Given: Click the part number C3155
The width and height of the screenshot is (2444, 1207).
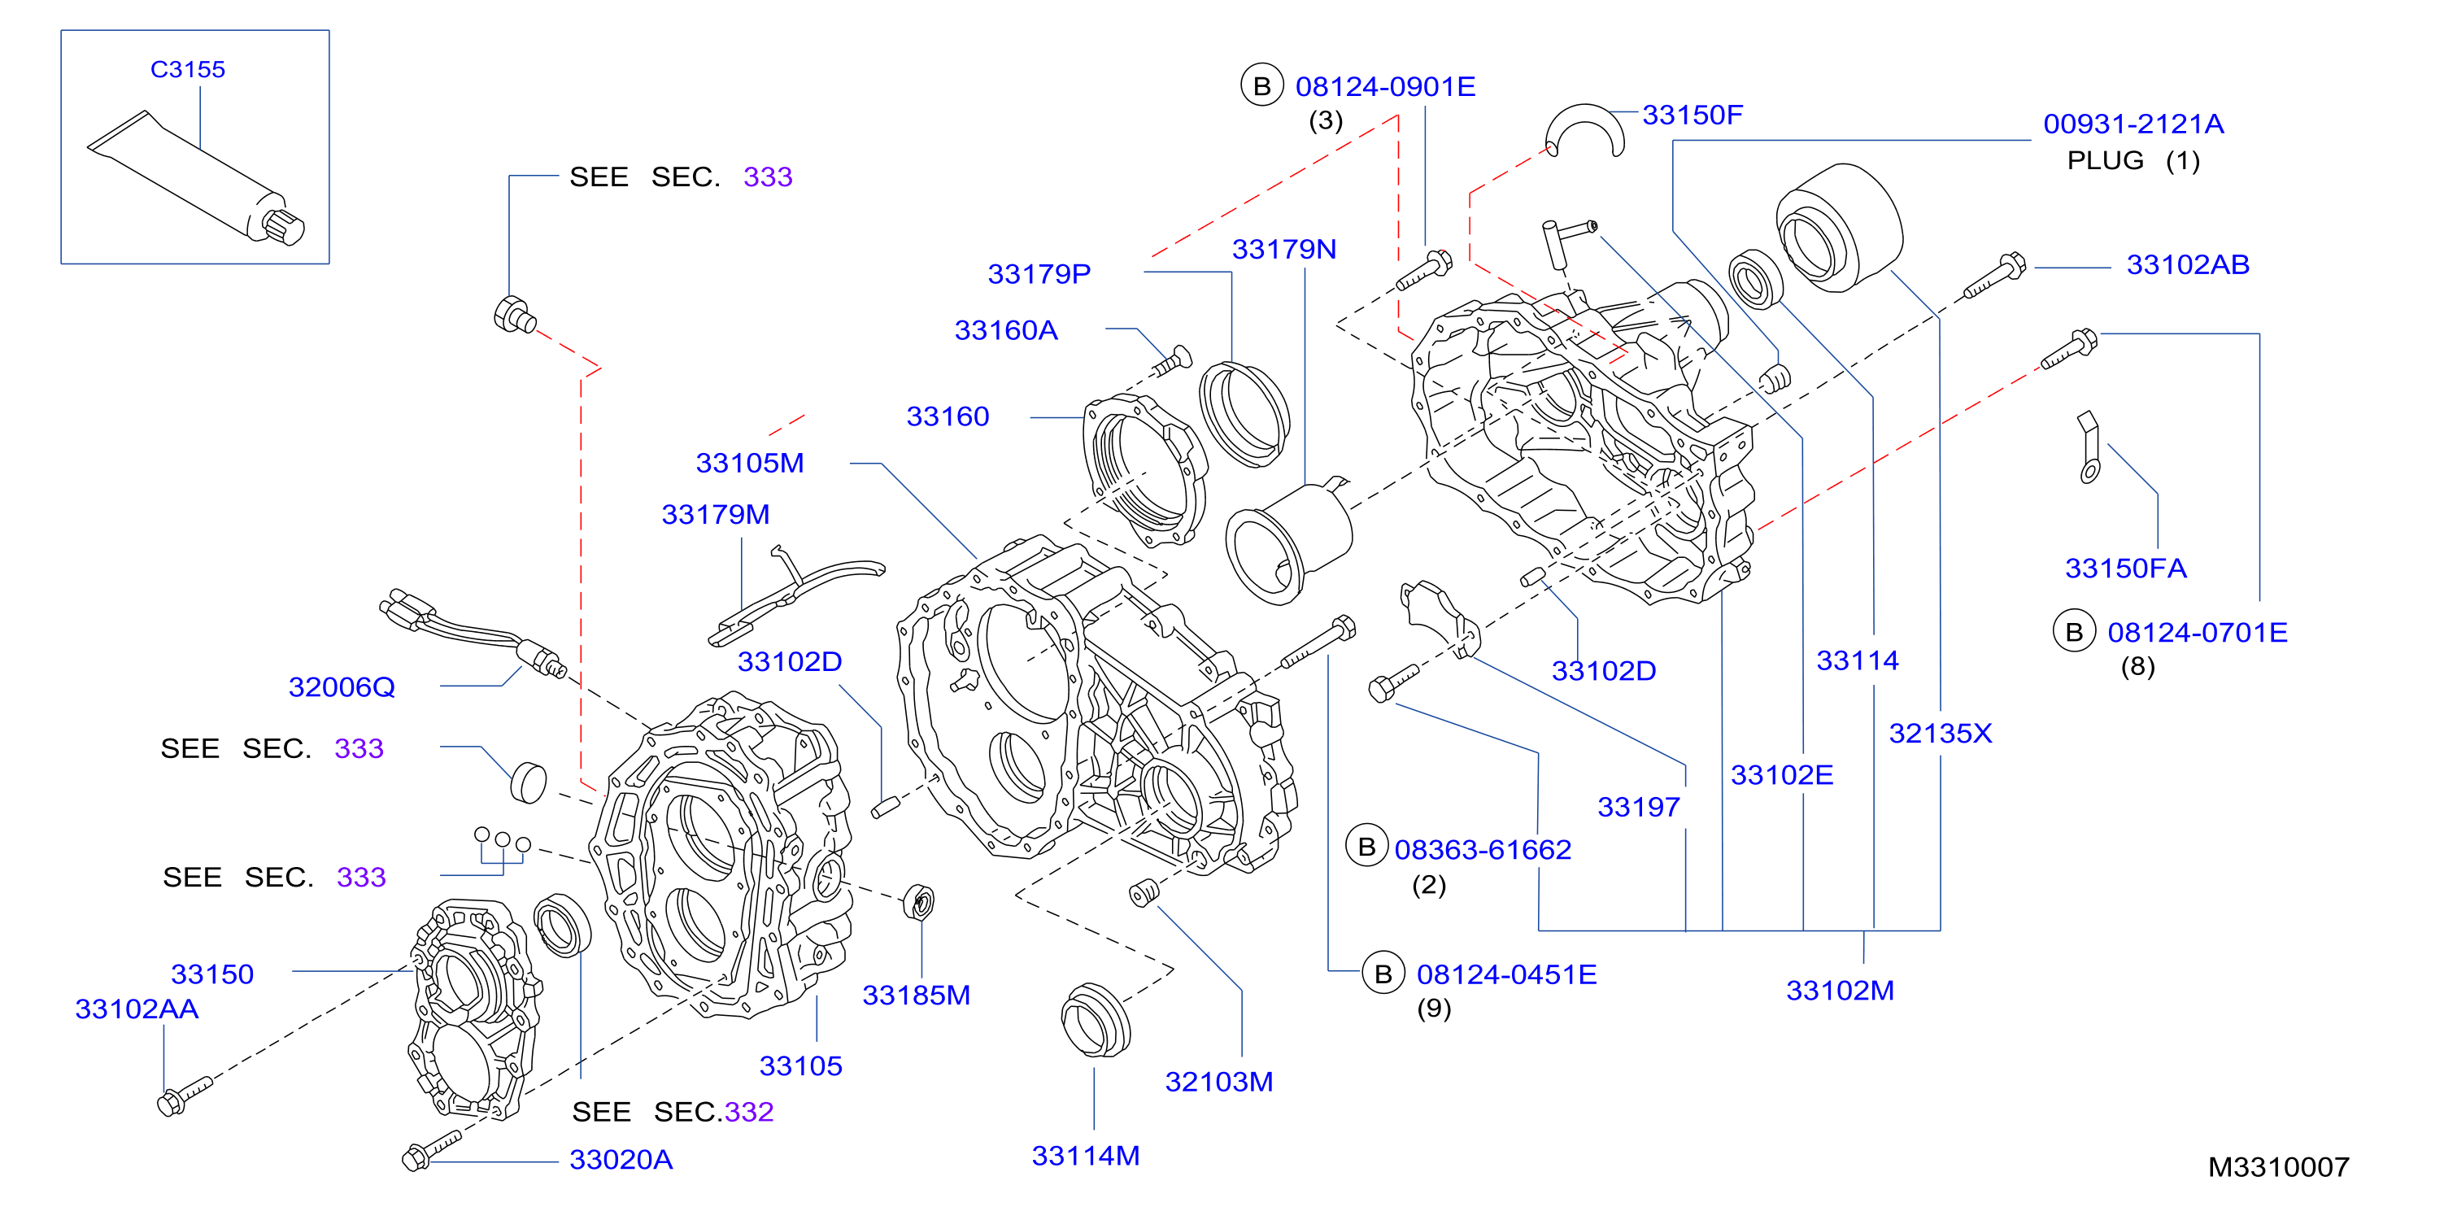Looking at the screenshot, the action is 188,69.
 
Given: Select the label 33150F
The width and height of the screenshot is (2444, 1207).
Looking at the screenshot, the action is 1693,115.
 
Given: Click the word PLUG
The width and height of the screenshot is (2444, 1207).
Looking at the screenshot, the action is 2106,160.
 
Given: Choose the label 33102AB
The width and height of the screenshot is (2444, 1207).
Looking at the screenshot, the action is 2188,265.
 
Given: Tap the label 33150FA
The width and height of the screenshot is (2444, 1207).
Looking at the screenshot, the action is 2125,569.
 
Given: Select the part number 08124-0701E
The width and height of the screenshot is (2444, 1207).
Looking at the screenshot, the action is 2198,632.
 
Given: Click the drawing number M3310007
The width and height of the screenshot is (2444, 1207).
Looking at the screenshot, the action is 2278,1167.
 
